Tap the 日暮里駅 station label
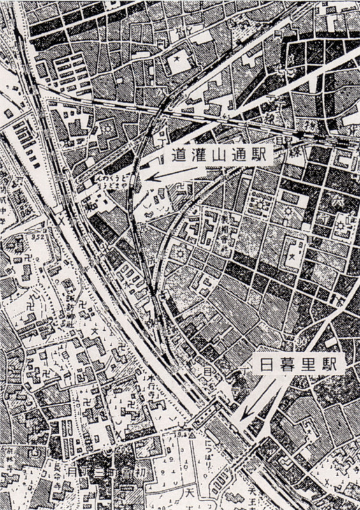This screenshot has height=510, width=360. tap(299, 364)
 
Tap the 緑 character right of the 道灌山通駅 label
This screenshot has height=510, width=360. tap(298, 153)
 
